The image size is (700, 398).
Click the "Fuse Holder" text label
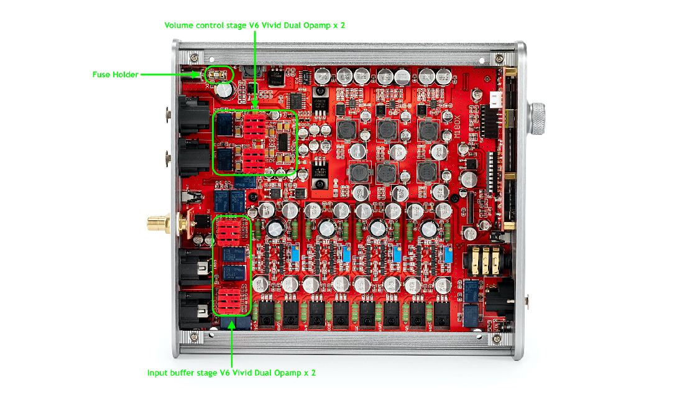coord(115,75)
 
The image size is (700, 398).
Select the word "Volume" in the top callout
coord(178,25)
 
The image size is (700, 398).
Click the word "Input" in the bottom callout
coord(158,373)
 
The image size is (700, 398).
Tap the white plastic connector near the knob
coord(496,99)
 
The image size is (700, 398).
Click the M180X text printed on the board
coord(457,124)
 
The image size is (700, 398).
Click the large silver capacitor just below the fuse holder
coord(225,91)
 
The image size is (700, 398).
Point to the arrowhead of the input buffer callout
coord(231,322)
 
